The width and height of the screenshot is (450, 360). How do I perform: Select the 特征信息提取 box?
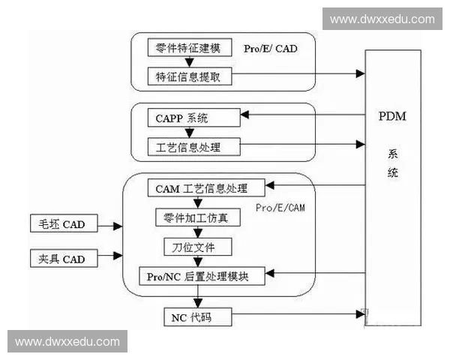193,76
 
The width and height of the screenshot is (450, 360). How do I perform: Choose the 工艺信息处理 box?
193,145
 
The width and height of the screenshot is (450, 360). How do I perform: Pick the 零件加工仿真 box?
196,219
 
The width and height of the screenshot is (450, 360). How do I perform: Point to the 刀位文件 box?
197,246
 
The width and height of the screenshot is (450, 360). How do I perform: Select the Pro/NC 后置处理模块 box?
204,276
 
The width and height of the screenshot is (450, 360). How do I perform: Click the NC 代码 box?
197,317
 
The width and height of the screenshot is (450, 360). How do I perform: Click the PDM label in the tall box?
393,118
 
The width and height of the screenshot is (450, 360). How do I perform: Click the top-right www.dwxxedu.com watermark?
382,18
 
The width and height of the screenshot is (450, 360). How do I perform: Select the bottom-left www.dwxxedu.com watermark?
67,342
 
